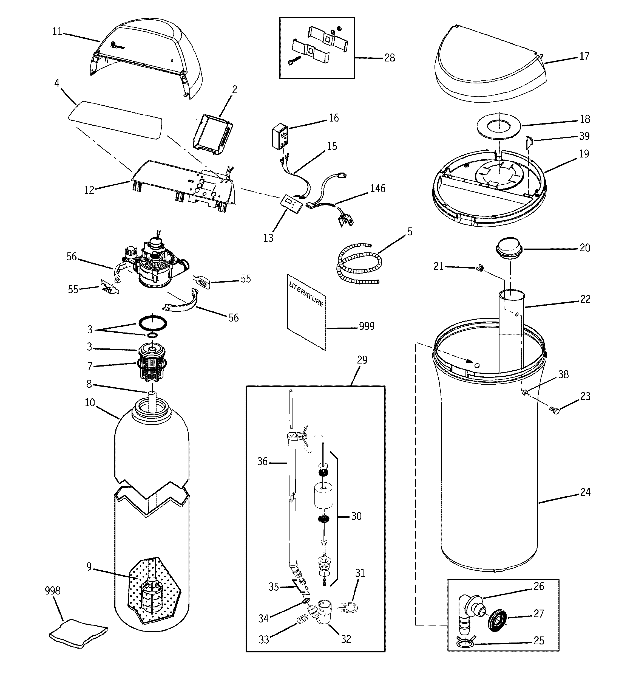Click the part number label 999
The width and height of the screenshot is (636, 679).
pos(366,326)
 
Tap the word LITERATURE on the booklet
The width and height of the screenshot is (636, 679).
pos(306,294)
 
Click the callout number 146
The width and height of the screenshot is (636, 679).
pos(377,188)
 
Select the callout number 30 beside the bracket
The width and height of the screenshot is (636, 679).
pos(356,516)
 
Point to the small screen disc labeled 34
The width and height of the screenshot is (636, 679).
pos(306,601)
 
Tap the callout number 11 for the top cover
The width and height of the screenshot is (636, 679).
pos(57,32)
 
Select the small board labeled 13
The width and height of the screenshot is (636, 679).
pos(291,204)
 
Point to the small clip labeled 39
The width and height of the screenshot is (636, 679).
pos(529,141)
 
